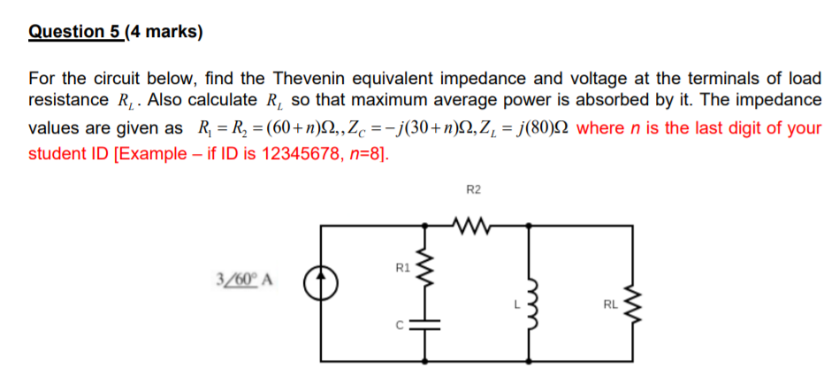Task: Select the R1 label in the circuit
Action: [401, 266]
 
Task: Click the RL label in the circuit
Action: [610, 306]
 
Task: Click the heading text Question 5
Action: [74, 33]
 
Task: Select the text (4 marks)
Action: [164, 33]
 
